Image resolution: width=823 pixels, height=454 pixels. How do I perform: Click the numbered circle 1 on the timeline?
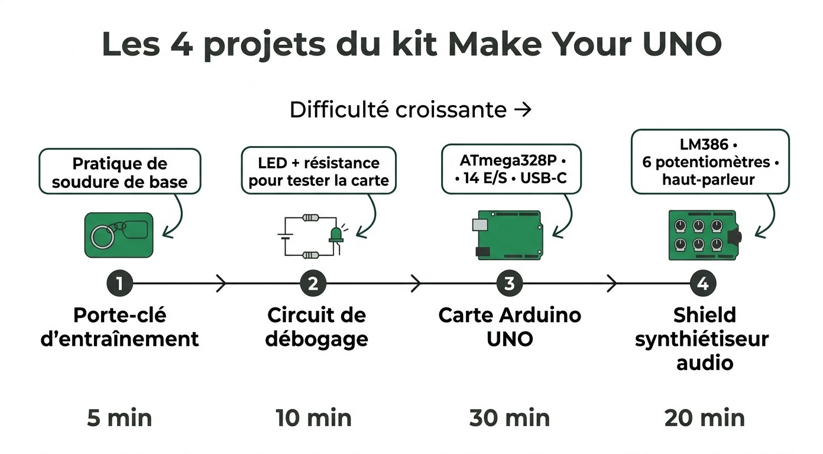tap(119, 284)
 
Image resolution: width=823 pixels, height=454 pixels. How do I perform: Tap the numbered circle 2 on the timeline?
tap(313, 284)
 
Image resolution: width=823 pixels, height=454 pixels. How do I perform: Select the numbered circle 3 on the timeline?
tap(509, 284)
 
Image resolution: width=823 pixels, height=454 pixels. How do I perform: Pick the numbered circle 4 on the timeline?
tap(702, 284)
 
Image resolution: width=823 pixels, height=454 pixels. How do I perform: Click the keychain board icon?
tap(119, 235)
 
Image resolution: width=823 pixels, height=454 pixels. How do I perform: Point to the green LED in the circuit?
tap(335, 235)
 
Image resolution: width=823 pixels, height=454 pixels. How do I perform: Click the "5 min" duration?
tap(119, 418)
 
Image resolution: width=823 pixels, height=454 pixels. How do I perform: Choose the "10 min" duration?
tap(313, 418)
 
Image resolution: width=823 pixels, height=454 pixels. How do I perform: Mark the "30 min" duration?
tap(510, 418)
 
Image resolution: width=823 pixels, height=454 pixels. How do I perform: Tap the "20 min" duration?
tap(704, 418)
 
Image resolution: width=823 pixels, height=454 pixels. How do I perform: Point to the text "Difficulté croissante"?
tap(398, 110)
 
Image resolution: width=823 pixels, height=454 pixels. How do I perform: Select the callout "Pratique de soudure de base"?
tap(119, 172)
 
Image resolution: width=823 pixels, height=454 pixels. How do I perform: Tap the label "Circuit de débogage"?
tap(316, 327)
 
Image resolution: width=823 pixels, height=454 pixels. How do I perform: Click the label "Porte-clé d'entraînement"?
tap(119, 327)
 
